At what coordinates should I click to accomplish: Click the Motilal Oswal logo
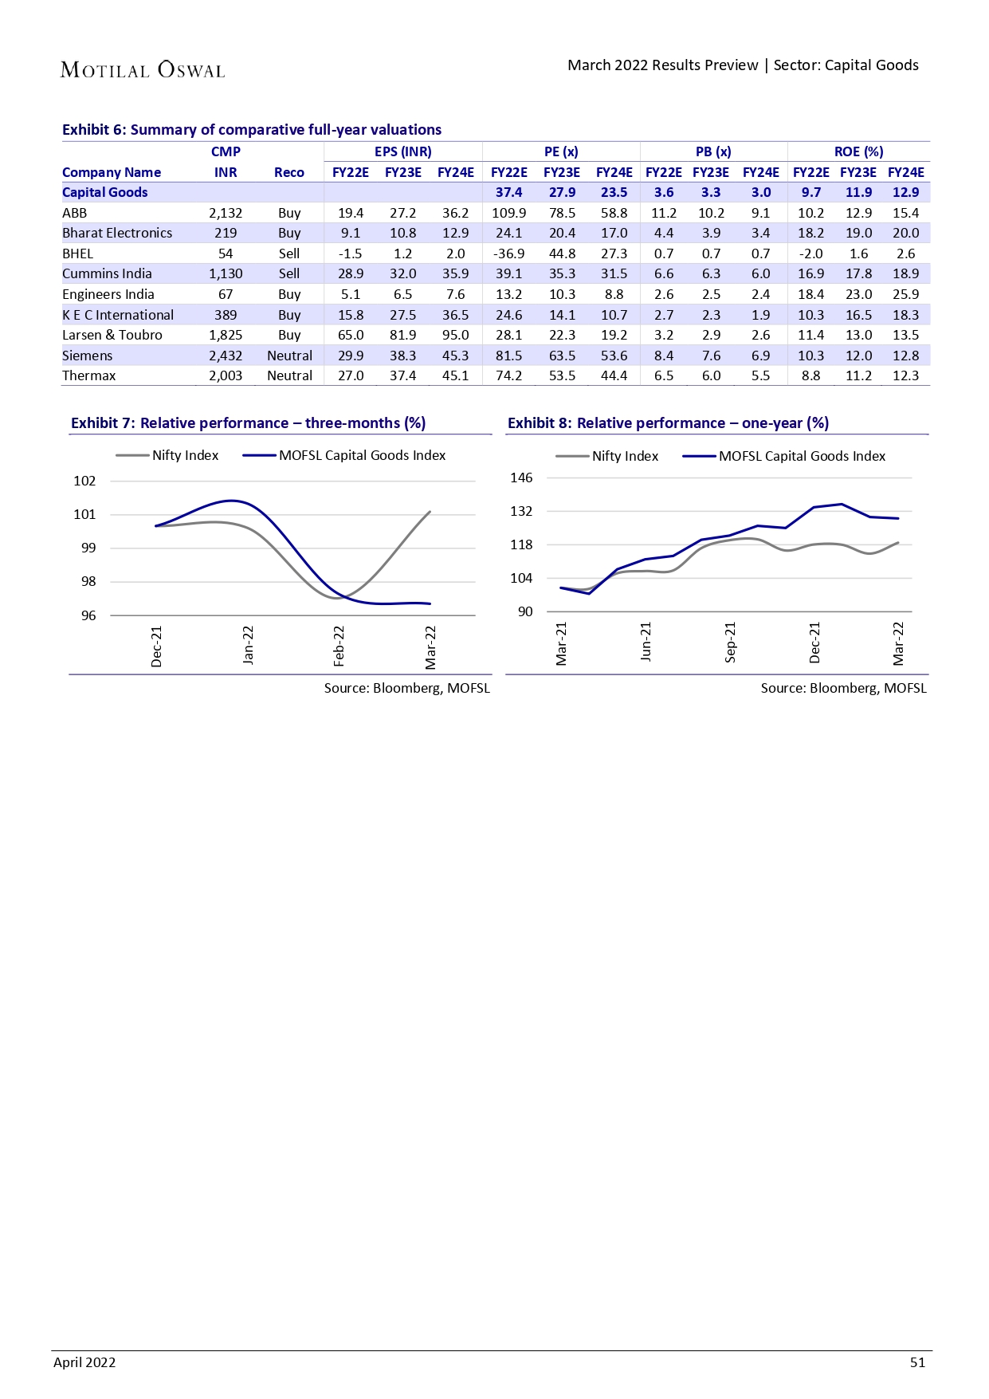click(x=143, y=70)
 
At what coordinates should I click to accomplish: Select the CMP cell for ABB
click(x=226, y=213)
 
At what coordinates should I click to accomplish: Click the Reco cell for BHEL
click(x=289, y=253)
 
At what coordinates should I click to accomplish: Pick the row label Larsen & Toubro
click(x=112, y=335)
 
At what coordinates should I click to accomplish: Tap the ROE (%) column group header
click(x=858, y=151)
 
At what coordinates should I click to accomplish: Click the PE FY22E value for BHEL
click(x=508, y=253)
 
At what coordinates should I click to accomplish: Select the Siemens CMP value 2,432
click(x=226, y=356)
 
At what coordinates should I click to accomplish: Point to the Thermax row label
click(x=89, y=375)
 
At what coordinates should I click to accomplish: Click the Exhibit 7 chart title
click(x=248, y=423)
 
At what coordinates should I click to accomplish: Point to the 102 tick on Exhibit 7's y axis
click(x=84, y=481)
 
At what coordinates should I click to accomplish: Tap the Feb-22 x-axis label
click(x=339, y=646)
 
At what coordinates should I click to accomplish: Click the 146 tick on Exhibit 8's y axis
click(x=521, y=477)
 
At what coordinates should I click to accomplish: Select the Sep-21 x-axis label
click(x=731, y=643)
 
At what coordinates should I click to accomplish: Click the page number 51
click(x=917, y=1362)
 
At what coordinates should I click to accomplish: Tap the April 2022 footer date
click(x=84, y=1362)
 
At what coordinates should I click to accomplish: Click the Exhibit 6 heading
click(x=252, y=130)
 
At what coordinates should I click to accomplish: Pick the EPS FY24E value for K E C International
click(x=455, y=315)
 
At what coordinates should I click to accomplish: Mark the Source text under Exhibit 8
click(x=843, y=688)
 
